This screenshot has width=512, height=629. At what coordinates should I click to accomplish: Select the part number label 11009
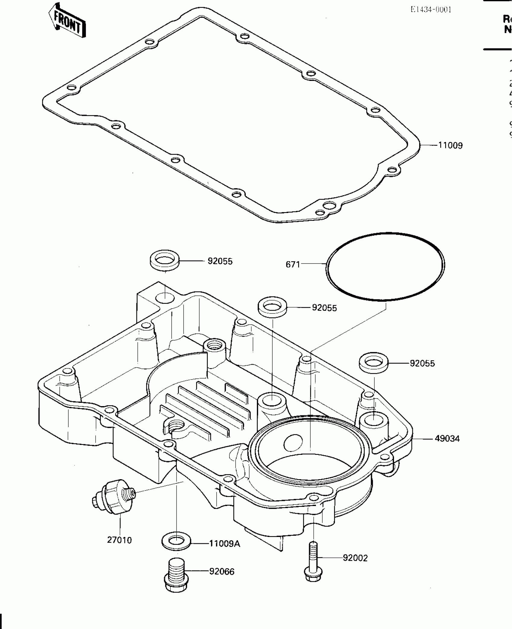point(450,146)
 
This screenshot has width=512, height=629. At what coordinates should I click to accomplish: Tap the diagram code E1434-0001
point(431,10)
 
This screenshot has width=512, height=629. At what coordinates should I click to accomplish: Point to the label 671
point(293,264)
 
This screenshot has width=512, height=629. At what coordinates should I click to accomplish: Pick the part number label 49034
point(447,439)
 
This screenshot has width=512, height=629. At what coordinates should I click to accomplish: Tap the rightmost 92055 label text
point(422,364)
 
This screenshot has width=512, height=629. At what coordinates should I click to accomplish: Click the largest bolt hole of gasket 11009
point(329,206)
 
